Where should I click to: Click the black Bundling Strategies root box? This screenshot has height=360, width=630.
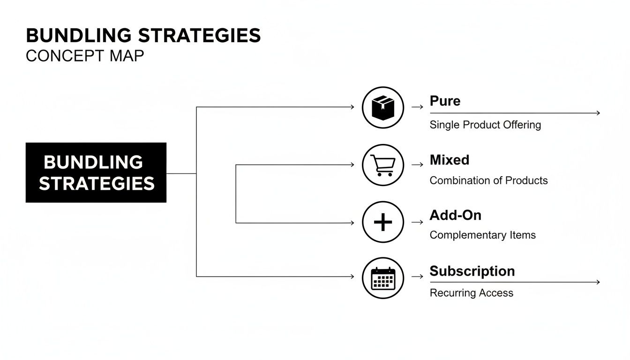[96, 172]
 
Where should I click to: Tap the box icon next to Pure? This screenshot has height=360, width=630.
[383, 107]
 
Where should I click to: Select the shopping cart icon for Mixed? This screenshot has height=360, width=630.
[383, 165]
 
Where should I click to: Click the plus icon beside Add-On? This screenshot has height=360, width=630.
[383, 222]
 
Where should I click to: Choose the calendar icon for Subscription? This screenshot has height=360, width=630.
[383, 278]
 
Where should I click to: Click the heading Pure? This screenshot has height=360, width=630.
[445, 101]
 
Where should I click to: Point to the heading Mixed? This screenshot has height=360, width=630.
[449, 160]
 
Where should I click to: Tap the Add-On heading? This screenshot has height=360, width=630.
[455, 215]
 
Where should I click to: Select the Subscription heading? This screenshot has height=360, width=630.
[472, 271]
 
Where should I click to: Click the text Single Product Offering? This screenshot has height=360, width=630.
[485, 125]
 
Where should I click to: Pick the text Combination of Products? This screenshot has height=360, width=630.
[488, 180]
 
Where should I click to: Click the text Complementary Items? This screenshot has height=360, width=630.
[482, 235]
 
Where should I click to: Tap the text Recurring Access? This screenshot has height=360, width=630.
[471, 293]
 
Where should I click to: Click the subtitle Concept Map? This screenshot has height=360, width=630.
[85, 56]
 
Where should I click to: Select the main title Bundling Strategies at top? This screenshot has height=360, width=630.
[143, 36]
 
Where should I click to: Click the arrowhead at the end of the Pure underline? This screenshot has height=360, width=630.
[598, 113]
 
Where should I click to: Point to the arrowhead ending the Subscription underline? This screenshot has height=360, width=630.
[598, 282]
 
